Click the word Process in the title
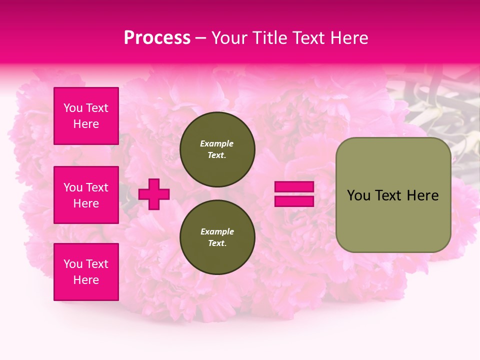157,38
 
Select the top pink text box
86,116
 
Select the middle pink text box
86,195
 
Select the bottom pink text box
86,272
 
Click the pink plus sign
154,194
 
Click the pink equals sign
294,194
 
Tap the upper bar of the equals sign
294,186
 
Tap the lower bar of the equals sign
294,201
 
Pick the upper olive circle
217,149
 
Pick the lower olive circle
217,237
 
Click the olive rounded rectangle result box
393,195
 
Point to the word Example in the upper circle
217,144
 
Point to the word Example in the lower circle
217,232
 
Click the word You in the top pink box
73,108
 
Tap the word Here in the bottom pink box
86,280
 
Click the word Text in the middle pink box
97,187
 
